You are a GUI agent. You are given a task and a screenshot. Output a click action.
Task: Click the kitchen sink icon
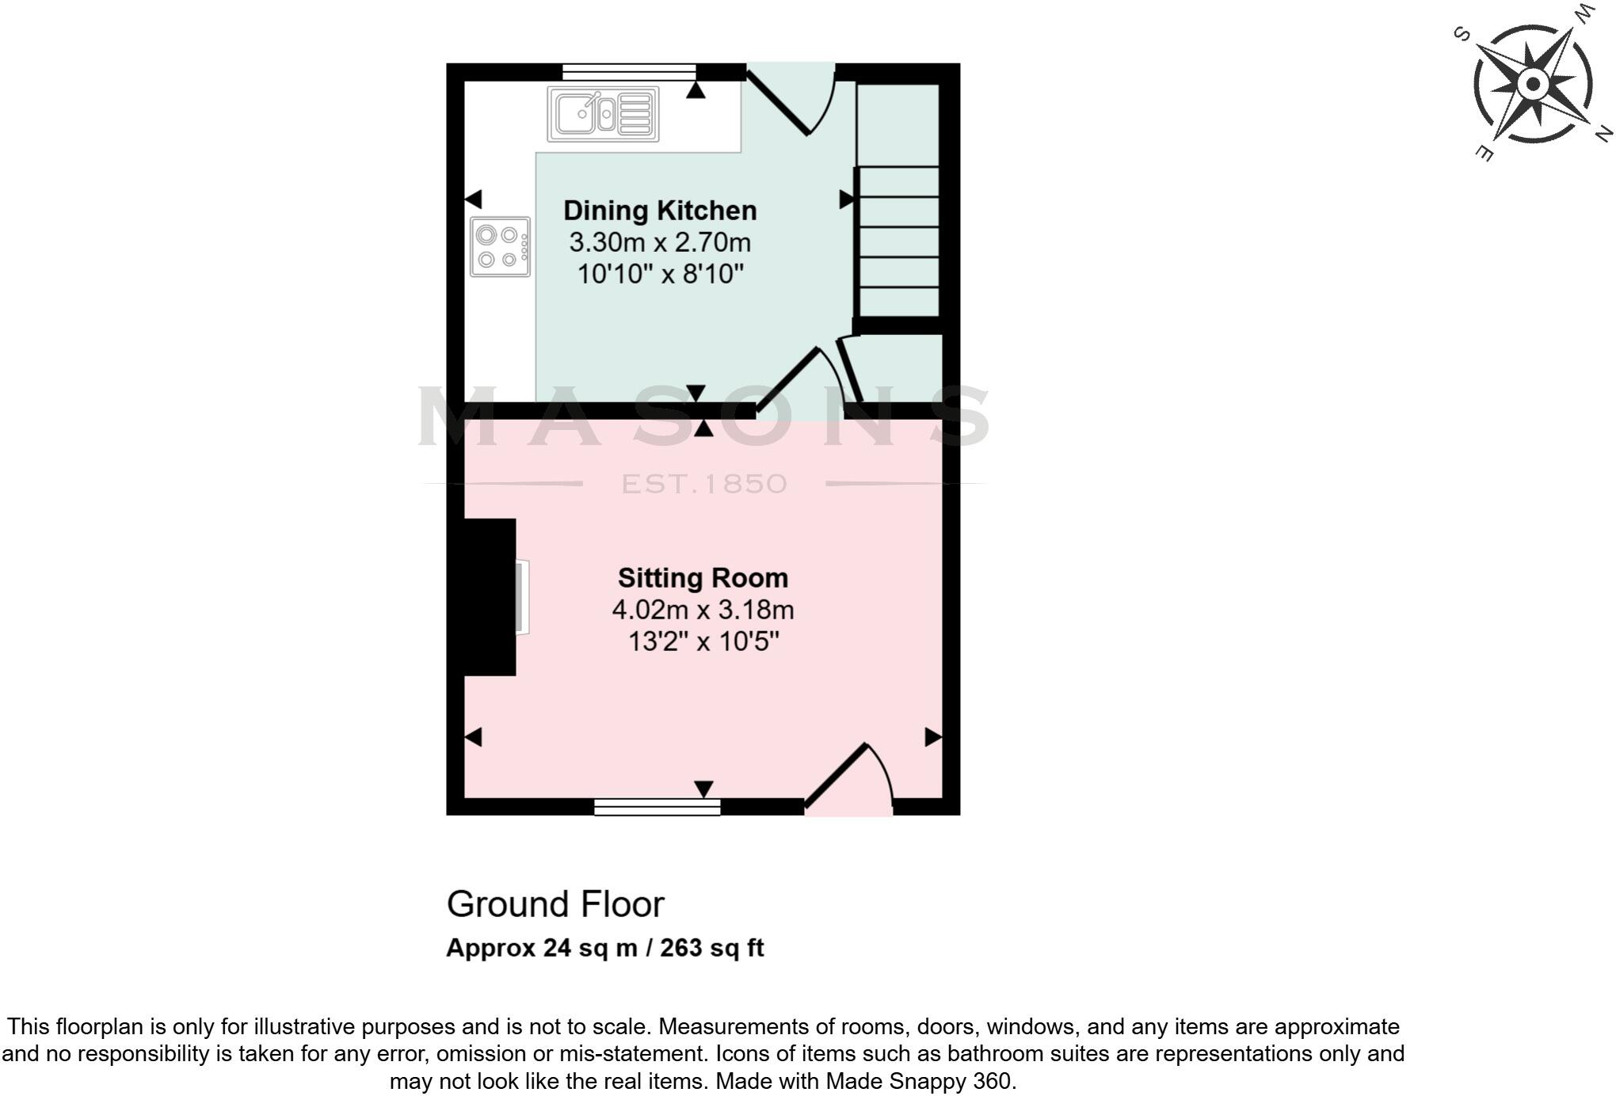tap(603, 114)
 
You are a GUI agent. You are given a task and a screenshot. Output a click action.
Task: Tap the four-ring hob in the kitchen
tap(500, 247)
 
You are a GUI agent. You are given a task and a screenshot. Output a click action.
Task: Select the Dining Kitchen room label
tap(660, 211)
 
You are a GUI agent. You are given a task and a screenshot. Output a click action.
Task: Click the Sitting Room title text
tap(703, 578)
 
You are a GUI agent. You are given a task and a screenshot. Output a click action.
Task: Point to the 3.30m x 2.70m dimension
tap(660, 242)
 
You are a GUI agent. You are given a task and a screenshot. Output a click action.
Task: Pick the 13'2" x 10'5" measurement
tap(703, 641)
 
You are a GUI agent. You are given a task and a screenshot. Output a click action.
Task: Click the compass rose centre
tap(1534, 84)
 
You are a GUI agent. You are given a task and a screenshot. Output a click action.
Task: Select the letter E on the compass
tap(1485, 153)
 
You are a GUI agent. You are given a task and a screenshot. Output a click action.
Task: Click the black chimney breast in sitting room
tap(490, 597)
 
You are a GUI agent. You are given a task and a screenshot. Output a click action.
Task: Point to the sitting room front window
tap(657, 807)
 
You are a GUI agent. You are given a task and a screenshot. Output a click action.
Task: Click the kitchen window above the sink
tap(629, 72)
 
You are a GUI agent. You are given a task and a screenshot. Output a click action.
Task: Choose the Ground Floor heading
tap(555, 904)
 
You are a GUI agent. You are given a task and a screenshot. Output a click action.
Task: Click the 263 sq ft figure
tap(711, 948)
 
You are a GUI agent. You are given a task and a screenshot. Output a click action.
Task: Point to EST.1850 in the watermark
tap(704, 484)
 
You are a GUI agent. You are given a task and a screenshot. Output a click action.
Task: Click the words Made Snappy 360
tap(918, 1081)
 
